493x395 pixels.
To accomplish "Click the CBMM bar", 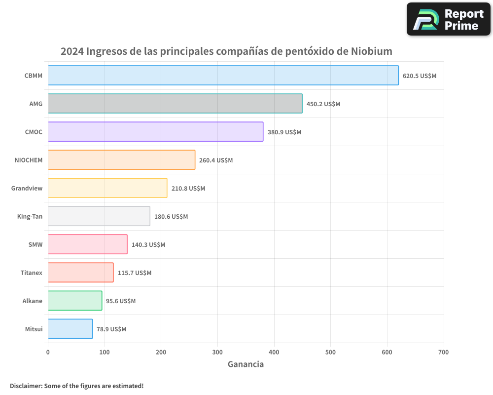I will [x=223, y=76].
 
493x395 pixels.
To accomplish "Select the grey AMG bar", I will [x=175, y=104].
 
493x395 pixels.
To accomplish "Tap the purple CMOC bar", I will [x=155, y=132].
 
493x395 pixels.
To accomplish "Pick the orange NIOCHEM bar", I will [x=121, y=160].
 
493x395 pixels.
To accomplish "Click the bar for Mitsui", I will [x=70, y=329].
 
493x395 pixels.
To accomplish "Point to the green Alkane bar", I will [x=75, y=301].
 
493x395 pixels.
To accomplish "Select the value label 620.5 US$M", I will [x=420, y=76].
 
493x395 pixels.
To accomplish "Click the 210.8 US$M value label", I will [x=188, y=189].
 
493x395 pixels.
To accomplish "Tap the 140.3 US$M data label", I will [x=148, y=245].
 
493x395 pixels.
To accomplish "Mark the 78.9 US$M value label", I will [x=111, y=329].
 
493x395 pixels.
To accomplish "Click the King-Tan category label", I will [x=30, y=216].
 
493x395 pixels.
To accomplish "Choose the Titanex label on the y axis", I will [x=31, y=273].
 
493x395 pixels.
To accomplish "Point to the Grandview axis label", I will [x=27, y=188].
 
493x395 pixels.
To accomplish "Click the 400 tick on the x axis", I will [x=274, y=352].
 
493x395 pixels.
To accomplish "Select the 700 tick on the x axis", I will [x=443, y=352].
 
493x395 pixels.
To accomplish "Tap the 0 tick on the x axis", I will [x=48, y=352].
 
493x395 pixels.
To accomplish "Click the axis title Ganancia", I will [x=246, y=364].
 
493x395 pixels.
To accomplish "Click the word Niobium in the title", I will [x=372, y=51].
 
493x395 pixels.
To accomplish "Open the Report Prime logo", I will [x=448, y=19].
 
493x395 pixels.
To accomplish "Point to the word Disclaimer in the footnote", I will [x=26, y=386].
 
